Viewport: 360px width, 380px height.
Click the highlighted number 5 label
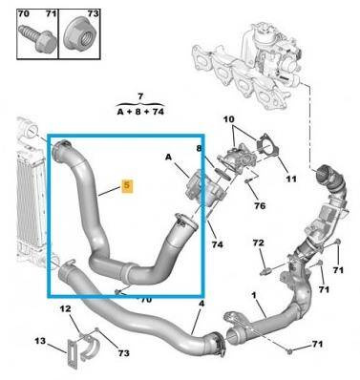pos(128,185)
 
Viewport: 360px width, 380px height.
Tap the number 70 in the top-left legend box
pos(24,14)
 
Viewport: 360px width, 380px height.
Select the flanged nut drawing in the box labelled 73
pos(79,35)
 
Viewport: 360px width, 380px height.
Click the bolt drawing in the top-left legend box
pos(37,38)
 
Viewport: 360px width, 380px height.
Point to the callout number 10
pos(228,119)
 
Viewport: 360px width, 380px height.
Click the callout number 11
pos(290,179)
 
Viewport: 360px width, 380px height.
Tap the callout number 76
pos(260,206)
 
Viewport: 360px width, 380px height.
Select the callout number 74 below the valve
pos(218,244)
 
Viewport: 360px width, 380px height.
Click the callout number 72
pos(258,243)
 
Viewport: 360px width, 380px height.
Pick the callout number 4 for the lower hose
pos(201,304)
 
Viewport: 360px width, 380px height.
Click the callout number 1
pos(254,295)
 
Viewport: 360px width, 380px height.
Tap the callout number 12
pos(65,308)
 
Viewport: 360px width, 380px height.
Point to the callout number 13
pos(40,341)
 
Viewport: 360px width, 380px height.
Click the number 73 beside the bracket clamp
pos(123,352)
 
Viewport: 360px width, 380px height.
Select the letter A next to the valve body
pos(168,157)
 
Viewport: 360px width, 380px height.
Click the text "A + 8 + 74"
pos(140,112)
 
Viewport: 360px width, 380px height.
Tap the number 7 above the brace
pos(140,95)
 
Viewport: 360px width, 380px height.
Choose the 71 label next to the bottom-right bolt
pos(316,344)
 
